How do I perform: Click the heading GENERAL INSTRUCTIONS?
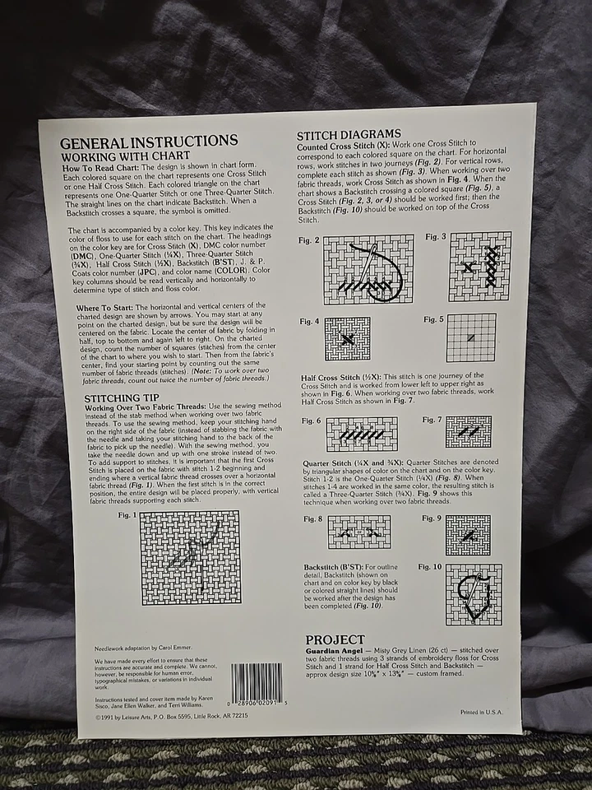click(149, 141)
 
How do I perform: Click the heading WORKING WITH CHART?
click(126, 156)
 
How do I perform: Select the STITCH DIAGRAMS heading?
click(349, 134)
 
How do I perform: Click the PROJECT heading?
click(335, 639)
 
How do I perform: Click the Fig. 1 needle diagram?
click(190, 557)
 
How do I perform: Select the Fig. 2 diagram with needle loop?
click(368, 268)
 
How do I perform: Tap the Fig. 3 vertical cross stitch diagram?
click(479, 266)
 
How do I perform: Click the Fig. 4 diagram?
click(347, 338)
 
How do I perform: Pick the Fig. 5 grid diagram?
click(471, 337)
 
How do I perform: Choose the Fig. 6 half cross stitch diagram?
click(361, 434)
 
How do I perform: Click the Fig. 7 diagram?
click(468, 431)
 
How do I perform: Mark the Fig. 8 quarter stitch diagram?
click(359, 532)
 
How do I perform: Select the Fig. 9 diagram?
click(467, 535)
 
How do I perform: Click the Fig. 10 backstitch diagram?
click(473, 593)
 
